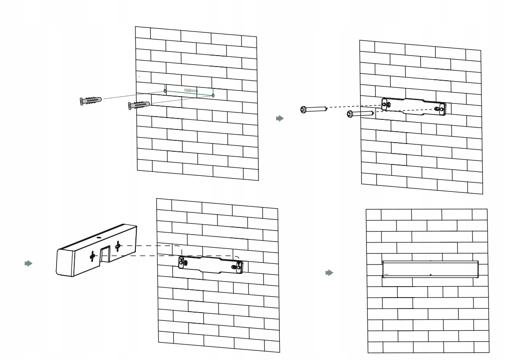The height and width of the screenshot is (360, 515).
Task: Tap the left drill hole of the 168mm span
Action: tap(165, 92)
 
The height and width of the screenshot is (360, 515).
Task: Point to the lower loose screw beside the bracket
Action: tap(360, 114)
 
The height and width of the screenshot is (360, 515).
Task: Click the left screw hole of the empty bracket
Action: tap(386, 105)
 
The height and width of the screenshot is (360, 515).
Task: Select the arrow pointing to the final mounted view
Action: tap(328, 273)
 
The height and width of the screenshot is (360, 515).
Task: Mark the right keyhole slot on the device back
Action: tap(118, 246)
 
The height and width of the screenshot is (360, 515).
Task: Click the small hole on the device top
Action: tap(98, 237)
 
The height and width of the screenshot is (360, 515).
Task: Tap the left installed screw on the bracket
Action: tap(183, 262)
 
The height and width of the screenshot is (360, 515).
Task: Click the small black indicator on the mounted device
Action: tap(430, 275)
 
